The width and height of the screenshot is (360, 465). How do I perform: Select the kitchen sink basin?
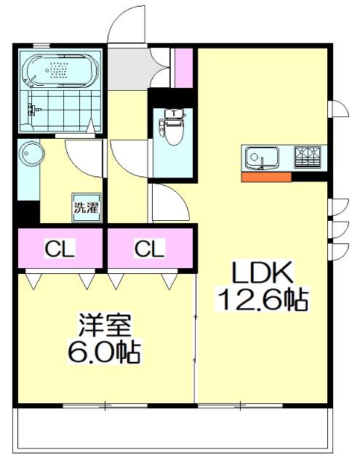(262, 158)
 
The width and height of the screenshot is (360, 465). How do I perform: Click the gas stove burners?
(308, 155)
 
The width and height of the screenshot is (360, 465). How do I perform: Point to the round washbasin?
(31, 153)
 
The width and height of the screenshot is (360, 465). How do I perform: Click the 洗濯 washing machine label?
(86, 208)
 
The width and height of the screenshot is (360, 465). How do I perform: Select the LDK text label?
(262, 272)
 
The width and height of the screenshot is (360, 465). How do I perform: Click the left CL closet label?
(60, 248)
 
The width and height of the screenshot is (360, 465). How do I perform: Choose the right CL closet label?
(149, 248)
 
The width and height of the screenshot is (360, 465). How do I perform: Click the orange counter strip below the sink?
(266, 177)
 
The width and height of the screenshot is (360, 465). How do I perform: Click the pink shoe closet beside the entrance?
(184, 68)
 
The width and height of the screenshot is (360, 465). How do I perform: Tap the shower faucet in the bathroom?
(33, 109)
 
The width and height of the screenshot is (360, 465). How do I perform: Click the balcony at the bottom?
(173, 429)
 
